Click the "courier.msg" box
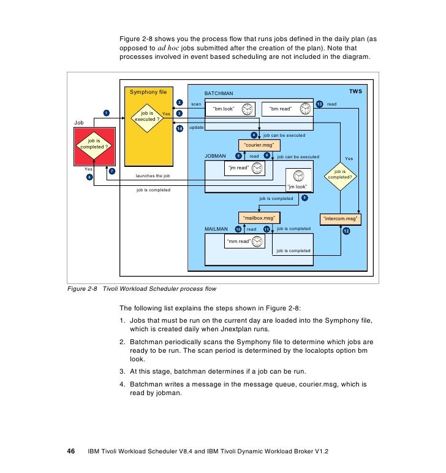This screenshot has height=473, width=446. click(x=260, y=145)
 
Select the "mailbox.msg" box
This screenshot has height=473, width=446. click(x=259, y=217)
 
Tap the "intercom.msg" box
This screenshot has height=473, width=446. click(x=341, y=218)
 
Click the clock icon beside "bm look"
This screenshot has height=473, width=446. click(x=247, y=109)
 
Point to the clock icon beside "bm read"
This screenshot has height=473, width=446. click(x=304, y=109)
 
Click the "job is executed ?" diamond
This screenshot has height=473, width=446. click(x=148, y=116)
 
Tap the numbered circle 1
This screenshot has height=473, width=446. click(x=106, y=113)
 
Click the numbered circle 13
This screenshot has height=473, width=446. click(x=320, y=104)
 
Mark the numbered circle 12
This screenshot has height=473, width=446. click(x=347, y=231)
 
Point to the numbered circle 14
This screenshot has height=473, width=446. click(x=180, y=128)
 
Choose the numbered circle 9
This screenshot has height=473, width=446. click(x=304, y=198)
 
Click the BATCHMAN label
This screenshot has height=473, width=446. click(x=218, y=93)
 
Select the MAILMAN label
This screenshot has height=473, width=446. click(x=216, y=229)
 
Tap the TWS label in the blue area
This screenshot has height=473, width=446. click(x=355, y=91)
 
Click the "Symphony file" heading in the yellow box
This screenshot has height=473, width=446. click(x=148, y=92)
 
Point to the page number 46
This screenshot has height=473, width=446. click(x=70, y=452)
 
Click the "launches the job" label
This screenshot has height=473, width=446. click(x=153, y=176)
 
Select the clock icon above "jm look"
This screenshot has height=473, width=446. click(x=298, y=176)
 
